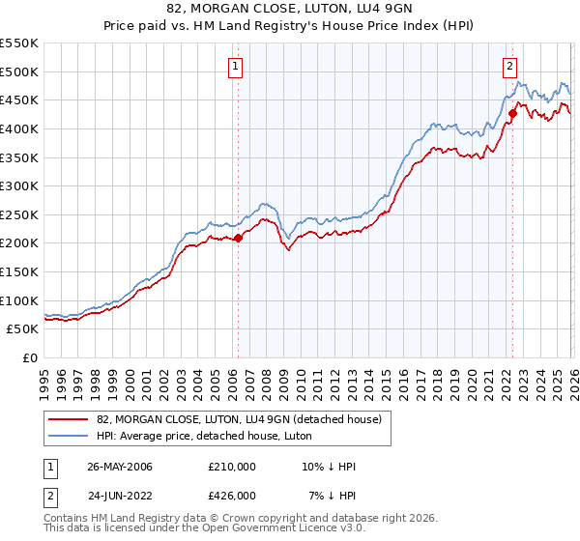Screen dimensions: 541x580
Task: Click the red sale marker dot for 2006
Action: click(238, 238)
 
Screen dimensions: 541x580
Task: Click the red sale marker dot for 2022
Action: click(513, 114)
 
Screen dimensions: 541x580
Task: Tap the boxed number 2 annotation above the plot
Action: click(509, 67)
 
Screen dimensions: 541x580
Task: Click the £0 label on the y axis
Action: click(31, 357)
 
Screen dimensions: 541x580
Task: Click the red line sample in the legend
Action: click(70, 418)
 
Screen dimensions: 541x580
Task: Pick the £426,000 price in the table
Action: click(232, 496)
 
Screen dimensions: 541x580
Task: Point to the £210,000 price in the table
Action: click(232, 467)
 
